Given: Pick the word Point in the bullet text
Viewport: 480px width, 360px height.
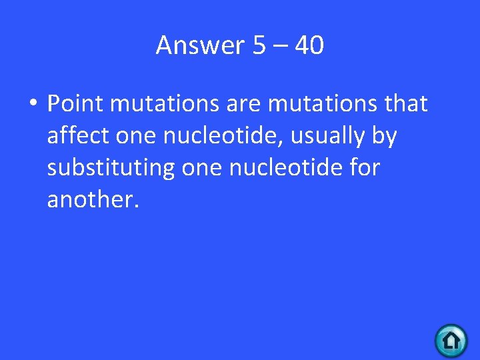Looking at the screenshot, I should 73,104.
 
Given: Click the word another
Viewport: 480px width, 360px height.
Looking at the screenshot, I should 93,200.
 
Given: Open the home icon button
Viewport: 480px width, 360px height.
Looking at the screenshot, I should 451,341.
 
